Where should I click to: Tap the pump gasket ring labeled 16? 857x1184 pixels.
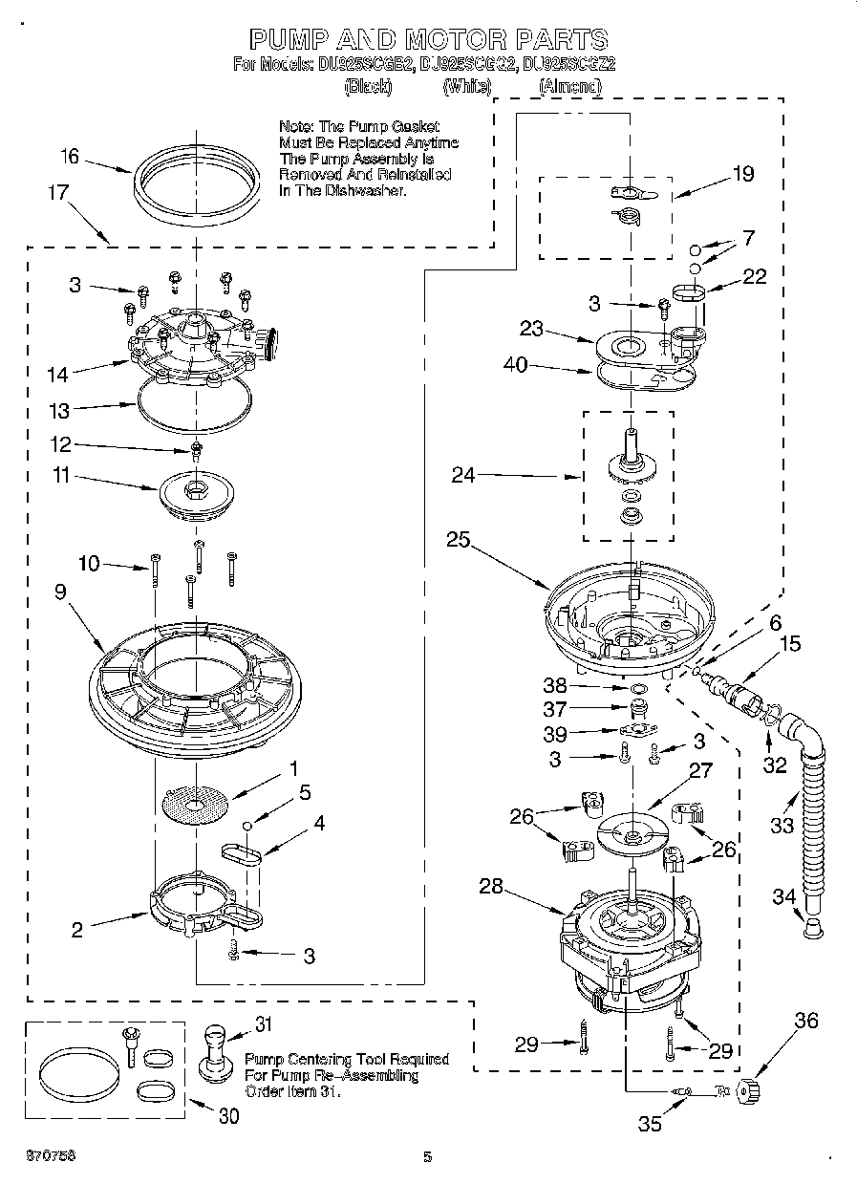pos(197,165)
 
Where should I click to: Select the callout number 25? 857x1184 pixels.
pos(459,539)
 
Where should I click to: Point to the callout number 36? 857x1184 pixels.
pos(806,1021)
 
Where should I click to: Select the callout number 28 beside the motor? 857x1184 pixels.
pos(491,887)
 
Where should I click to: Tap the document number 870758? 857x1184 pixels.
pos(38,1156)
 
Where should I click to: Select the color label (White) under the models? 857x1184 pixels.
pos(467,86)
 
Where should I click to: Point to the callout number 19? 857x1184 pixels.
pos(742,174)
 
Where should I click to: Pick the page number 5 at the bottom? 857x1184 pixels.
pos(428,1157)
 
